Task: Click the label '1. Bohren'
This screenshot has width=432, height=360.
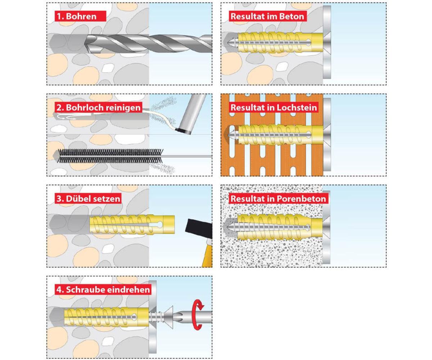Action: click(80, 16)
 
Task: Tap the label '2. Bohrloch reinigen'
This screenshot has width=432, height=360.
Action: click(99, 107)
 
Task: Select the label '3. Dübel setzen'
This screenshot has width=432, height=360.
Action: click(88, 198)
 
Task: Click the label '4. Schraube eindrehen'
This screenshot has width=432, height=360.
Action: click(103, 289)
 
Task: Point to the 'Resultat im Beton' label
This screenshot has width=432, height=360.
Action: click(267, 16)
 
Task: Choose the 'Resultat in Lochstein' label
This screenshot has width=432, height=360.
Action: click(274, 107)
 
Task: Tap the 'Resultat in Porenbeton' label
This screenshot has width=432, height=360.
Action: click(278, 198)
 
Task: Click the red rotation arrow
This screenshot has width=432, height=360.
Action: click(198, 314)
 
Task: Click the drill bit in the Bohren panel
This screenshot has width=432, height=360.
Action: click(148, 43)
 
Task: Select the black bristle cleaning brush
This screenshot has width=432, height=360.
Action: click(110, 156)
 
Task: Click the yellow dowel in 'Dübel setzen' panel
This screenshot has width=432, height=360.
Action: click(132, 225)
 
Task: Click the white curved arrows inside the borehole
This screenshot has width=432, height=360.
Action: click(67, 117)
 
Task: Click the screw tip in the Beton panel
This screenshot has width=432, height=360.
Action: click(229, 43)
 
